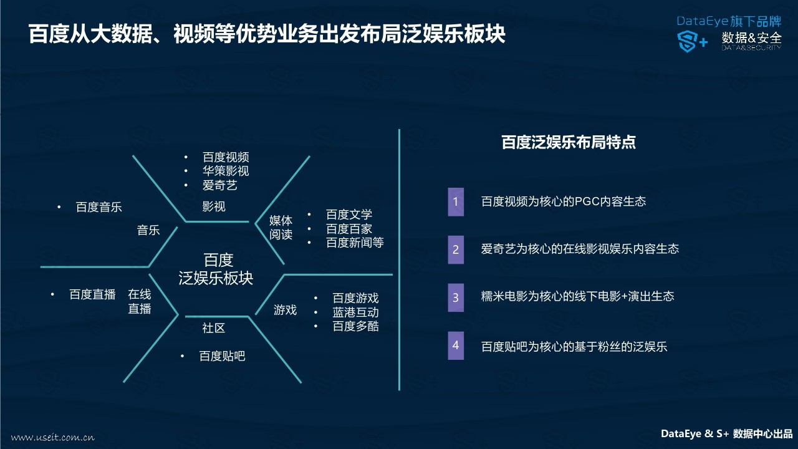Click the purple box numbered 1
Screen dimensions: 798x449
pyautogui.click(x=456, y=201)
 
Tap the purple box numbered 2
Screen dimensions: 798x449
pyautogui.click(x=456, y=249)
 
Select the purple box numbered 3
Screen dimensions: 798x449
pyautogui.click(x=456, y=297)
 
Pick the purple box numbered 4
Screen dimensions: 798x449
pyautogui.click(x=456, y=345)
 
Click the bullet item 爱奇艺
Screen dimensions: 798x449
pyautogui.click(x=220, y=185)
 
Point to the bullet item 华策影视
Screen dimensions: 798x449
pyautogui.click(x=226, y=171)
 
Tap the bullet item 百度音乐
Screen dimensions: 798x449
pyautogui.click(x=99, y=207)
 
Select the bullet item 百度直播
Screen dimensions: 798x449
pyautogui.click(x=92, y=295)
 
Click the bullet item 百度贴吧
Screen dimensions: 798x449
pyautogui.click(x=222, y=356)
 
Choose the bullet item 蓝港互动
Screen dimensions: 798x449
pyautogui.click(x=355, y=312)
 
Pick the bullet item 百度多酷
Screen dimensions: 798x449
pyautogui.click(x=355, y=326)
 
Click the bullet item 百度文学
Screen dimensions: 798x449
pyautogui.click(x=349, y=215)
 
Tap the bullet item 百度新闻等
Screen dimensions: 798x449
pyautogui.click(x=355, y=243)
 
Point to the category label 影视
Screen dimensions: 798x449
pyautogui.click(x=214, y=206)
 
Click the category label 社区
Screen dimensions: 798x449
pyautogui.click(x=214, y=328)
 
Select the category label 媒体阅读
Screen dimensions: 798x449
pyautogui.click(x=281, y=228)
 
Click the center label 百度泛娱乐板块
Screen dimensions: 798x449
pyautogui.click(x=216, y=269)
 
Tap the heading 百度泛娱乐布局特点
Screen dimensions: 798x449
pyautogui.click(x=569, y=142)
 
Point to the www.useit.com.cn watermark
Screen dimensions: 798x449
pyautogui.click(x=53, y=437)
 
